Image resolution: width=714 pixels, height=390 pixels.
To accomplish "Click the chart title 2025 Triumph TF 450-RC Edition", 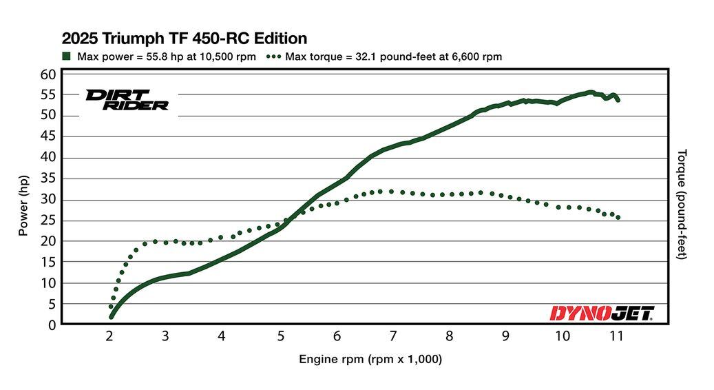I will point(185,38).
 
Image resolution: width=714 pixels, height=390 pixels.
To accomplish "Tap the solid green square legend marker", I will point(67,57).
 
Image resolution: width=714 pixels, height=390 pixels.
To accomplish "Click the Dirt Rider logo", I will point(127,100).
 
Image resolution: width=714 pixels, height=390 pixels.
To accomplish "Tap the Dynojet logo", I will point(601,314).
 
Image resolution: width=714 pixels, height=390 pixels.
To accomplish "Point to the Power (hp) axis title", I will point(23,204).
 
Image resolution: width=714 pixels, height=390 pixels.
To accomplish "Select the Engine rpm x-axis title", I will point(370,359).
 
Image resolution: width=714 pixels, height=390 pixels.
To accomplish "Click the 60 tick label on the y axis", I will point(48,74).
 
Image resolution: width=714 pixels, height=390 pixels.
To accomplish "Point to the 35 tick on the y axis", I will point(48,178).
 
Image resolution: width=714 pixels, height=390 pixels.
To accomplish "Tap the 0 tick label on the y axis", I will point(52,325).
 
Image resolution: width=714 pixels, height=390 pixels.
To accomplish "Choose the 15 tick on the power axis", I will point(48,262).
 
